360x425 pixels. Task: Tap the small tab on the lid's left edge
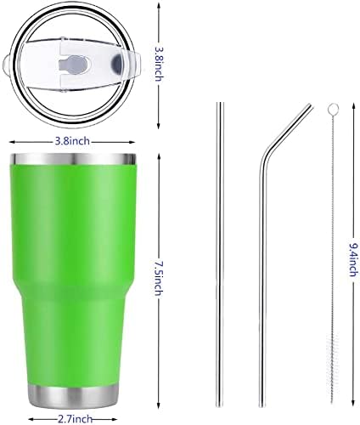click(11, 63)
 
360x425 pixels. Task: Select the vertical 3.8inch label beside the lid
click(170, 63)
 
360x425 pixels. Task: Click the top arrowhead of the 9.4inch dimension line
click(352, 105)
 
